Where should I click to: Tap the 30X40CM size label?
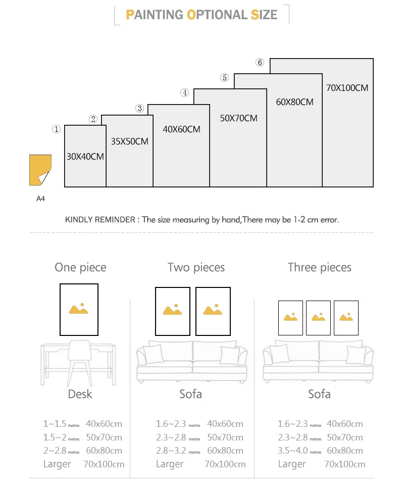(85, 157)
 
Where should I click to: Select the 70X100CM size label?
(347, 88)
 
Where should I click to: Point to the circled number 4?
(185, 93)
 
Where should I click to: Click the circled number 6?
(260, 63)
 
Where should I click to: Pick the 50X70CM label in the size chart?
(239, 118)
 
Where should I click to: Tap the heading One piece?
(80, 267)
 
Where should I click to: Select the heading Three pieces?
(319, 267)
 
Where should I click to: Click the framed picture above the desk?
(79, 309)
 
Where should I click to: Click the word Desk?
(80, 394)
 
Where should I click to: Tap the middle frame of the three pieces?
(318, 318)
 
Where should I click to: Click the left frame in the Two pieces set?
(173, 311)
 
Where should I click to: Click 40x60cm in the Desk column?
(104, 424)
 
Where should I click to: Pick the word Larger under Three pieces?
(292, 464)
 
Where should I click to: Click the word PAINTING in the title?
(155, 14)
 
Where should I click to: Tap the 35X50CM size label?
(130, 141)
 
